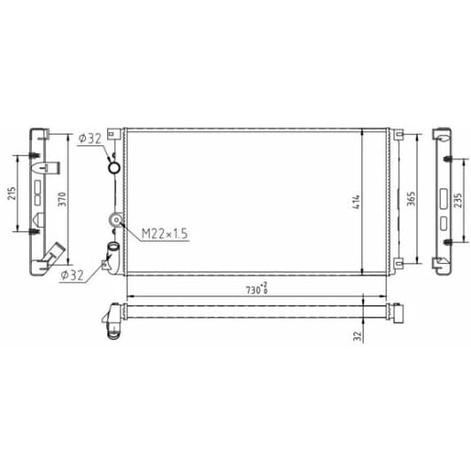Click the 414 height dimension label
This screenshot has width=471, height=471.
pos(356,202)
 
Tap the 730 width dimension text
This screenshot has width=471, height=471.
pos(253,290)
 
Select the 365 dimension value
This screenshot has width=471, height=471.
pos(411,198)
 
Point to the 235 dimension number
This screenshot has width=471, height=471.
pos(459,200)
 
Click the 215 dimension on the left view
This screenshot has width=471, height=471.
pos(12,194)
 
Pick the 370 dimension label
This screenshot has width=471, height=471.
pos(62,199)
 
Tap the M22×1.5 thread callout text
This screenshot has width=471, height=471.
pos(165,234)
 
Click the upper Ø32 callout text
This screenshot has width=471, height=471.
pos(89,138)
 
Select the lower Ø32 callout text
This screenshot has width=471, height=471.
pos(72,275)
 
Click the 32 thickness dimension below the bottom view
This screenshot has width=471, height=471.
pos(357,336)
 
